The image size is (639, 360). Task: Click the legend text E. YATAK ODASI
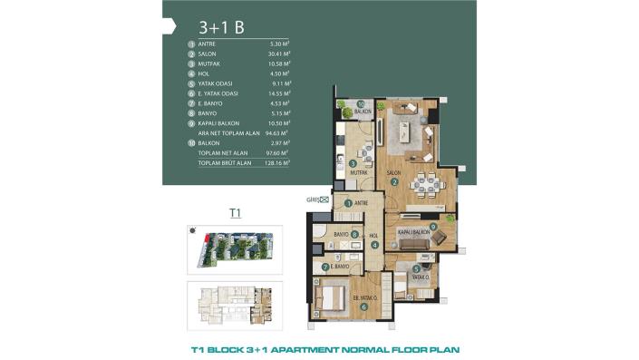[x=220, y=105]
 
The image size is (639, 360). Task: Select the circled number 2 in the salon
[x=395, y=180]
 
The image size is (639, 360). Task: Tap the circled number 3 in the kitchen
[x=352, y=163]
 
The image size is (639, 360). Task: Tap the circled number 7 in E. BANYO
[x=326, y=267]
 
